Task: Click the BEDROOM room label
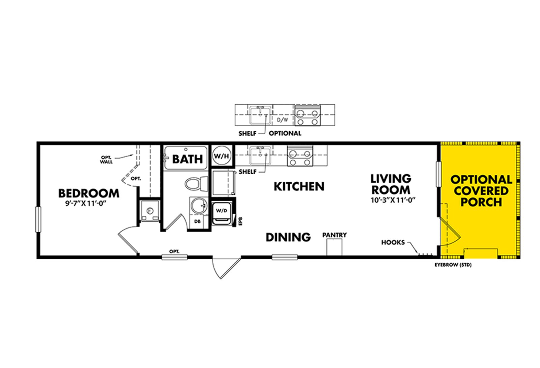pyautogui.click(x=89, y=193)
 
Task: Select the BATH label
pyautogui.click(x=188, y=159)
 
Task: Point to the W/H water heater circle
pyautogui.click(x=221, y=156)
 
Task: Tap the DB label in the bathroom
pyautogui.click(x=197, y=221)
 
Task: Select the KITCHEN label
pyautogui.click(x=299, y=187)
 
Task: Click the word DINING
pyautogui.click(x=288, y=237)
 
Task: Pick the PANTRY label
pyautogui.click(x=334, y=235)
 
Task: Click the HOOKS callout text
pyautogui.click(x=393, y=242)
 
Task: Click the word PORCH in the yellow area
pyautogui.click(x=481, y=202)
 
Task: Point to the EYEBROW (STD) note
pyautogui.click(x=453, y=265)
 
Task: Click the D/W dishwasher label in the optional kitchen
pyautogui.click(x=282, y=120)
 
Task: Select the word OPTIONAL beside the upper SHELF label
pyautogui.click(x=285, y=133)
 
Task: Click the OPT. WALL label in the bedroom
pyautogui.click(x=106, y=160)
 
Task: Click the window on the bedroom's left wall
pyautogui.click(x=38, y=219)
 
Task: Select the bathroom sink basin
pyautogui.click(x=198, y=206)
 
